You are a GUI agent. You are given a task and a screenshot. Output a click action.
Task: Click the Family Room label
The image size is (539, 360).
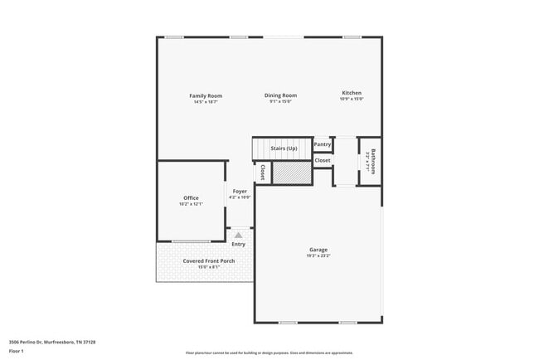coord(206,95)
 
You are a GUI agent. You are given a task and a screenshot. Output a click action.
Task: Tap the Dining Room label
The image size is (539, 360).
coord(280,95)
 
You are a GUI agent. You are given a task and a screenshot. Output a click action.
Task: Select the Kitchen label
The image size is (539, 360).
coord(352,93)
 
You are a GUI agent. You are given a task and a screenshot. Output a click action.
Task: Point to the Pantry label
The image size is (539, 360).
coord(323,144)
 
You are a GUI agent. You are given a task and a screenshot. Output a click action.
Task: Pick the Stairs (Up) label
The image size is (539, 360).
coord(284,148)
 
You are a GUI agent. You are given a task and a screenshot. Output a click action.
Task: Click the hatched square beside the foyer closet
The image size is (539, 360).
coord(291,173)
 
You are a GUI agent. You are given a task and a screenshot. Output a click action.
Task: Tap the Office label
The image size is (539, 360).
coord(191,197)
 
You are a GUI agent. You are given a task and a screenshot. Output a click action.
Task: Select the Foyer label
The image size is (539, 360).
coord(240,192)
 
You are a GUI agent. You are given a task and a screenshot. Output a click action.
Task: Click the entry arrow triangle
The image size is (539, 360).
coord(238,236)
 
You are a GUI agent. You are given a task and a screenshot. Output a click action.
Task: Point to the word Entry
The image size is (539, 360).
coord(238,244)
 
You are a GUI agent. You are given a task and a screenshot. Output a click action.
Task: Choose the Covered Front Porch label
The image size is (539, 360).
coord(208,260)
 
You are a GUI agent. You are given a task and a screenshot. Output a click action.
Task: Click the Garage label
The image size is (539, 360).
coord(318,249)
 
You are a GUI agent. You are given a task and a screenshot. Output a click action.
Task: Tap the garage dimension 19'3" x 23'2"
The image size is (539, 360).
coord(318,255)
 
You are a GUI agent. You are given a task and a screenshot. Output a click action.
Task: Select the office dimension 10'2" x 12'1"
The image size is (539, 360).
coord(191,204)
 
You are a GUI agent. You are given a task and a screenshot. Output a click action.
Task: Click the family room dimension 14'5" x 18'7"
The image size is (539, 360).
coord(206,102)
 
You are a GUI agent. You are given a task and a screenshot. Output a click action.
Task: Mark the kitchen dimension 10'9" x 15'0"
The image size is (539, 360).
coord(352,99)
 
